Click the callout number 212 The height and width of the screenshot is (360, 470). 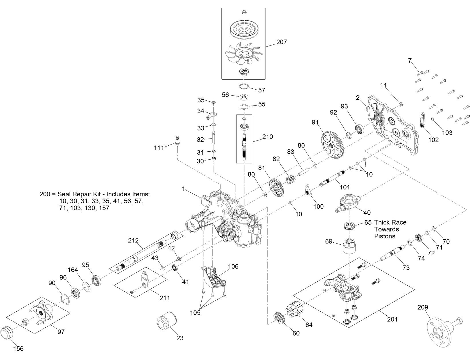tap(134, 240)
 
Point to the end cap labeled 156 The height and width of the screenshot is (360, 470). tap(8, 334)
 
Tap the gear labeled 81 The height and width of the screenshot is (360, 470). tap(275, 188)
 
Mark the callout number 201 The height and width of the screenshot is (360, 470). tap(392, 319)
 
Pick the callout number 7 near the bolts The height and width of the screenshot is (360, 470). tap(410, 60)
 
